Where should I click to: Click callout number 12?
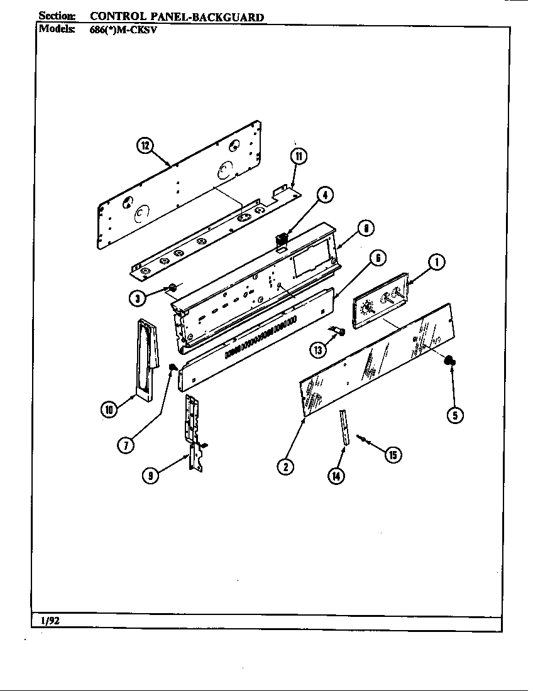(145, 146)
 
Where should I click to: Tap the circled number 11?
(299, 156)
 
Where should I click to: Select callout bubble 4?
(324, 196)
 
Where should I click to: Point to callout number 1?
(437, 262)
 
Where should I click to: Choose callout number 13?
(317, 350)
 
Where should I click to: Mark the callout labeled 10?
(109, 410)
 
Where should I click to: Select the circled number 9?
(150, 476)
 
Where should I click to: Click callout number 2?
(286, 466)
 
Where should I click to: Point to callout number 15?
(393, 455)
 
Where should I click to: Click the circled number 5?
(454, 414)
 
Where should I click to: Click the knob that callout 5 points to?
(450, 361)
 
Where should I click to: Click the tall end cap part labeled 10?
(144, 358)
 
